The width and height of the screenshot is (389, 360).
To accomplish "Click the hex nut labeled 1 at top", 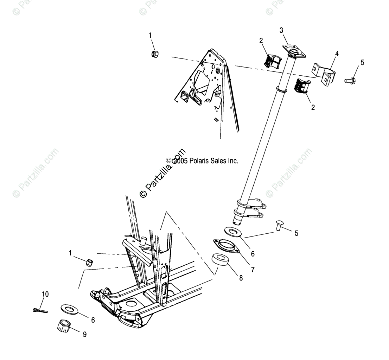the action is (154, 54).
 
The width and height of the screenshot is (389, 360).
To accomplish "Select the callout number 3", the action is (281, 31).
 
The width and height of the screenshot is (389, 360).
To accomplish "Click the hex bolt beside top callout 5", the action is (350, 81).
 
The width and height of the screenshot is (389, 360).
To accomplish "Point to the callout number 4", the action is (337, 54).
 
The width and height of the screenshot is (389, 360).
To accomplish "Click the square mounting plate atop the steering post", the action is (294, 51).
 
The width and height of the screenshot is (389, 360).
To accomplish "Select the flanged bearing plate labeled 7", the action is (227, 245).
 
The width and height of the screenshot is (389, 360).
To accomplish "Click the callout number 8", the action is (241, 278).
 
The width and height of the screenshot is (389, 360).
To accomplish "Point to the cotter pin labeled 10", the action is (40, 310).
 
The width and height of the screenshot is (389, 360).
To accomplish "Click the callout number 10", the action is (45, 294).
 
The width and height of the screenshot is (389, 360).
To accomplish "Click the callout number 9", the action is (84, 335).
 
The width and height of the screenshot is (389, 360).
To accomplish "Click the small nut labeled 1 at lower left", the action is (90, 262).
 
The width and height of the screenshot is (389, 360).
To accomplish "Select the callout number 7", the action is (253, 270).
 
